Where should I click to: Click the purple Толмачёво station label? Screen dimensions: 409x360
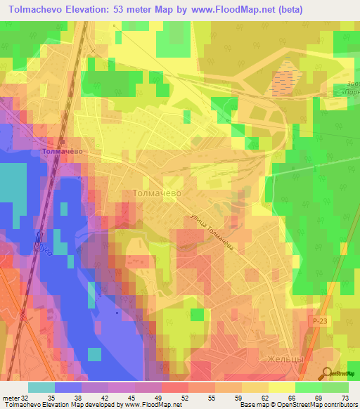63,151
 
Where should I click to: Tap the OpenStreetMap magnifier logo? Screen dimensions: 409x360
328,375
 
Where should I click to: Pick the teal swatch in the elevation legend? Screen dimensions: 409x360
41,387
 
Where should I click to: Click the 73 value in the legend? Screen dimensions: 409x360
345,397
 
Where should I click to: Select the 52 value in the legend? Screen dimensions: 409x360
184,397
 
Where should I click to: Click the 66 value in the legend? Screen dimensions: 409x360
291,397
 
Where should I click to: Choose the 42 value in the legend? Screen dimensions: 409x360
104,397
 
